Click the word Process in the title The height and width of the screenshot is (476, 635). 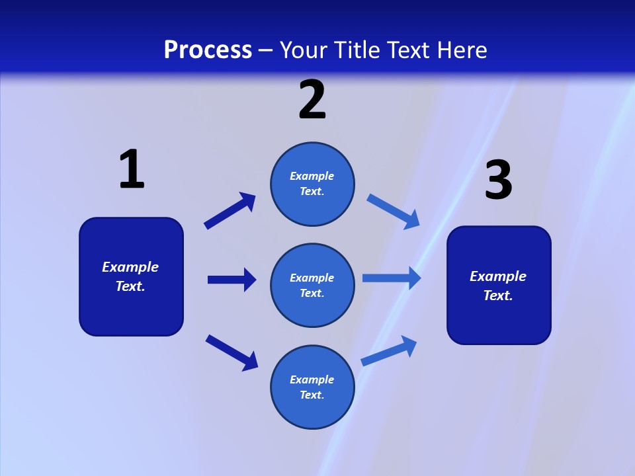[208, 50]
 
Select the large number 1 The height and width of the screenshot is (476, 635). [132, 170]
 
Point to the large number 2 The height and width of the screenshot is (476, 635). [312, 100]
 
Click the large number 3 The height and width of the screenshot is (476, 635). [498, 180]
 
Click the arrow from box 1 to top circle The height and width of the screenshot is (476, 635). [230, 211]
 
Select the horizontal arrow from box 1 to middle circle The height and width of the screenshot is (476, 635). [232, 280]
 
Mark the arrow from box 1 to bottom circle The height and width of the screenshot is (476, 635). [232, 352]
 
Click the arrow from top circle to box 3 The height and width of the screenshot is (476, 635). [393, 211]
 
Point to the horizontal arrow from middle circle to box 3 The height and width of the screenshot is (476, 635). [392, 278]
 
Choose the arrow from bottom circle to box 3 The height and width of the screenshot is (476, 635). [389, 350]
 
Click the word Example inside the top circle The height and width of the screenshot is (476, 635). [312, 176]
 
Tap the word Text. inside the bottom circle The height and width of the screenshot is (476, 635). [312, 395]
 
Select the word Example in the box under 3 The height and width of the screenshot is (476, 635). [498, 276]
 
